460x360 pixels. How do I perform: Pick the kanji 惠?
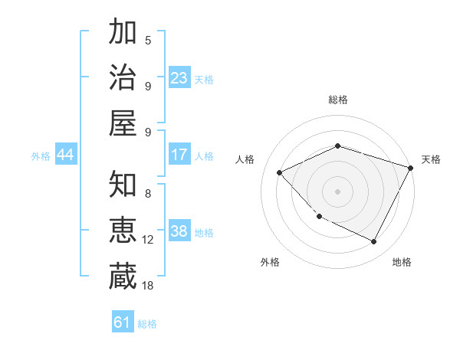tap(123, 231)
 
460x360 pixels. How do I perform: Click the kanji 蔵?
tap(123, 276)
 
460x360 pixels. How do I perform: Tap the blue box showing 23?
tap(179, 78)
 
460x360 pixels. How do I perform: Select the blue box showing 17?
tap(179, 155)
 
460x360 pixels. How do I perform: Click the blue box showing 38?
tap(179, 232)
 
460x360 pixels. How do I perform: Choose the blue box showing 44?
tap(65, 155)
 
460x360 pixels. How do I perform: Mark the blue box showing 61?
tap(123, 322)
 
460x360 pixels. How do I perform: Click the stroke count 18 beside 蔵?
tap(148, 285)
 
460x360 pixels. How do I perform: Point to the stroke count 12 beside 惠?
tap(148, 240)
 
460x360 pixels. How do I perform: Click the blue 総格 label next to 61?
tap(148, 324)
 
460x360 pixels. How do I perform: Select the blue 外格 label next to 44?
tap(41, 156)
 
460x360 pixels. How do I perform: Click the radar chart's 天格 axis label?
tap(431, 159)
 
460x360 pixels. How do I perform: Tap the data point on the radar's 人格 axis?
tap(280, 172)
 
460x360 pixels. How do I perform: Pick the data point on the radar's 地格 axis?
tap(374, 242)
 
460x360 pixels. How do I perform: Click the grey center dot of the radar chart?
tap(337, 191)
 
